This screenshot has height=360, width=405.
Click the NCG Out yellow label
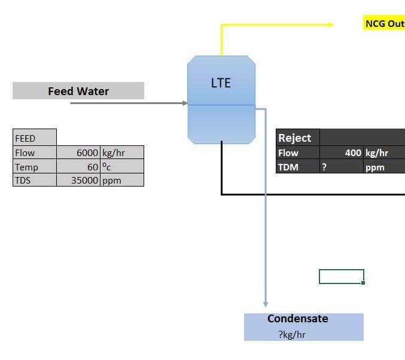click(x=384, y=24)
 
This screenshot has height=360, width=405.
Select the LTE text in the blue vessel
click(x=221, y=83)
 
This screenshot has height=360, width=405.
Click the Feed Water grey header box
click(x=78, y=91)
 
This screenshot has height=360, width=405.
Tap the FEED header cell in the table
click(x=34, y=138)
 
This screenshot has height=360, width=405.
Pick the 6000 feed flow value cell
click(x=78, y=152)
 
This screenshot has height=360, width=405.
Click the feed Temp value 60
click(x=78, y=167)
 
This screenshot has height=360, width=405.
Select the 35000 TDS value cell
click(x=78, y=180)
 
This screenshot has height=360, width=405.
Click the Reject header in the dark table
click(x=295, y=138)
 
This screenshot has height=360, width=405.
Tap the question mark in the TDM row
click(x=324, y=167)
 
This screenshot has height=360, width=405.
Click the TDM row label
click(x=288, y=167)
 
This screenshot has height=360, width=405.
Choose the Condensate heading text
click(x=297, y=319)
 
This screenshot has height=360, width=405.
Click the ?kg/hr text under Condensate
click(x=292, y=334)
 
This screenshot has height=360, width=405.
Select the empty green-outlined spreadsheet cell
click(x=341, y=276)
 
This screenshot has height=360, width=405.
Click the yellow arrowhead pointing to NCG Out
click(x=330, y=25)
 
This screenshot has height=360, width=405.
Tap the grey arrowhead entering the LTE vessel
click(x=184, y=103)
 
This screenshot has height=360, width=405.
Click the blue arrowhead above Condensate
click(x=266, y=304)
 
